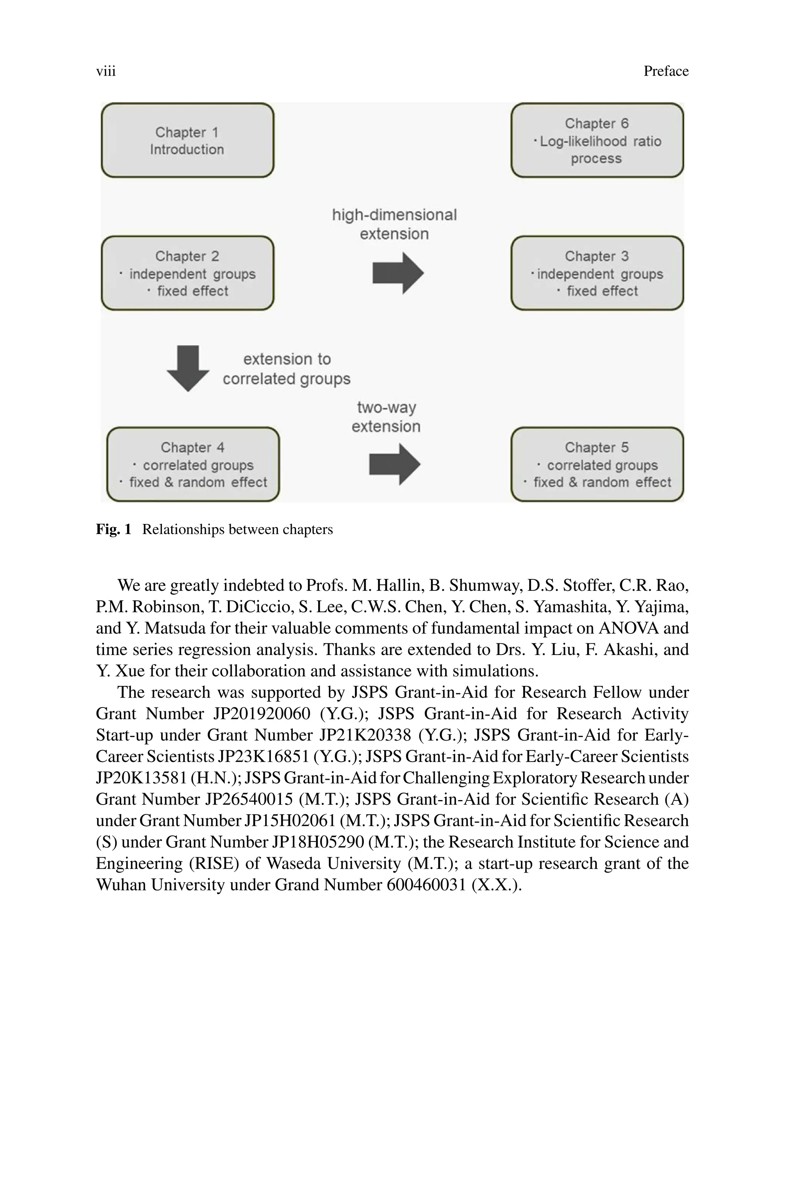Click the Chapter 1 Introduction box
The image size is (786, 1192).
pos(187,141)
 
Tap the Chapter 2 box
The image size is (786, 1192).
pos(187,273)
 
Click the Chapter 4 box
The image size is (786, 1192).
pos(193,464)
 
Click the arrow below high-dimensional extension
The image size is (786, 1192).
pos(398,273)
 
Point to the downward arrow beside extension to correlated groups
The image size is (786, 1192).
pos(188,369)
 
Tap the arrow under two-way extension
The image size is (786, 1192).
pos(395,464)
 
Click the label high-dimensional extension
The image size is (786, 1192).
pos(394,224)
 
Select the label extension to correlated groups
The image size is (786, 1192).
pos(286,369)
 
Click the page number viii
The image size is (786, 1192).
pos(106,71)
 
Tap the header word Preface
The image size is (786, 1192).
pos(666,71)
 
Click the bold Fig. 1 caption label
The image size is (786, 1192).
pos(113,529)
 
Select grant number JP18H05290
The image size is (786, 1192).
pos(318,842)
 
